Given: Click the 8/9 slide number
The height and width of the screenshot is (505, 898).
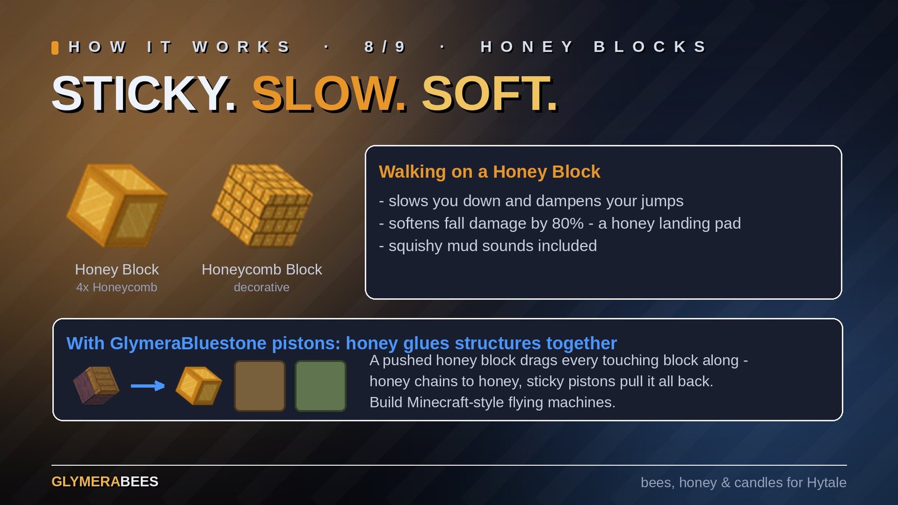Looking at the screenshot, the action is point(385,47).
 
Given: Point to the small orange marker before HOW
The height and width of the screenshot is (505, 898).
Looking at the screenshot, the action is point(55,48).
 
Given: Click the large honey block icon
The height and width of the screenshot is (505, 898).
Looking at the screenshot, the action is point(117,205).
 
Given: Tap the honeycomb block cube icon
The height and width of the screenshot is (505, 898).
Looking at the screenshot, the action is point(262,205).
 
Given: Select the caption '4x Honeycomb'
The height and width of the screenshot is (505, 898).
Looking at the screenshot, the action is point(117,287).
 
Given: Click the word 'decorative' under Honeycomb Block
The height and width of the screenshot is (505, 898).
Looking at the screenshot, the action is point(262,287).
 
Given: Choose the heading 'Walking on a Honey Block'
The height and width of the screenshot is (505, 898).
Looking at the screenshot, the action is point(489,172).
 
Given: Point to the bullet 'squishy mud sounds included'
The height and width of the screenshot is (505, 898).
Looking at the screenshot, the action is point(488,246).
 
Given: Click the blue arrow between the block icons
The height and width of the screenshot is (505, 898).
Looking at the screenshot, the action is point(148,386).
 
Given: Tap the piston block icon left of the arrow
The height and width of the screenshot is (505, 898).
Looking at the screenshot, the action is point(96,385).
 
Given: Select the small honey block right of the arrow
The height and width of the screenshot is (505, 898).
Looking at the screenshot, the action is point(199,385).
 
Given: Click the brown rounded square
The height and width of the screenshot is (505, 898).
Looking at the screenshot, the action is point(260,386).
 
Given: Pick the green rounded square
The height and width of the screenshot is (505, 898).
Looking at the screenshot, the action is point(320,386).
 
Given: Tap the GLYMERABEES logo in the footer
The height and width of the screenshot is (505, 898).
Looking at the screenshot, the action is point(104,482).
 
